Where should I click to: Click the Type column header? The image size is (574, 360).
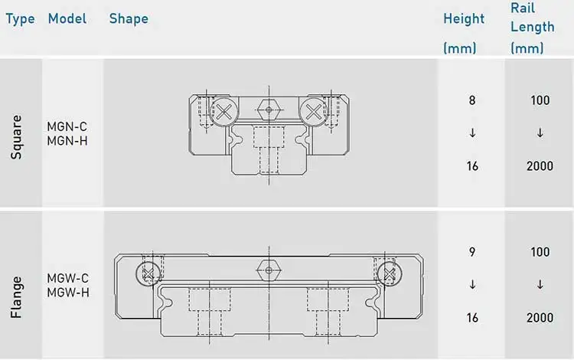coord(20,18)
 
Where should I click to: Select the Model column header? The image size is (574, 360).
coord(67,18)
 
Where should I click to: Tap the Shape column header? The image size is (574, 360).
coord(129,18)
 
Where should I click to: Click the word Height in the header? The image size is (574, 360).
coord(464,18)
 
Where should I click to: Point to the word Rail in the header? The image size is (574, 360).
coord(523,8)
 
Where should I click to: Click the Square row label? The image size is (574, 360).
coord(17,137)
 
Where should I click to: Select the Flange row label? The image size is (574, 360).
coord(17,297)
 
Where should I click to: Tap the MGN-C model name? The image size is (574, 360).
coord(67,126)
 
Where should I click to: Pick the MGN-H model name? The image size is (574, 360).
coord(67,141)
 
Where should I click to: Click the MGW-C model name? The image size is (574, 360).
coord(67,278)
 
